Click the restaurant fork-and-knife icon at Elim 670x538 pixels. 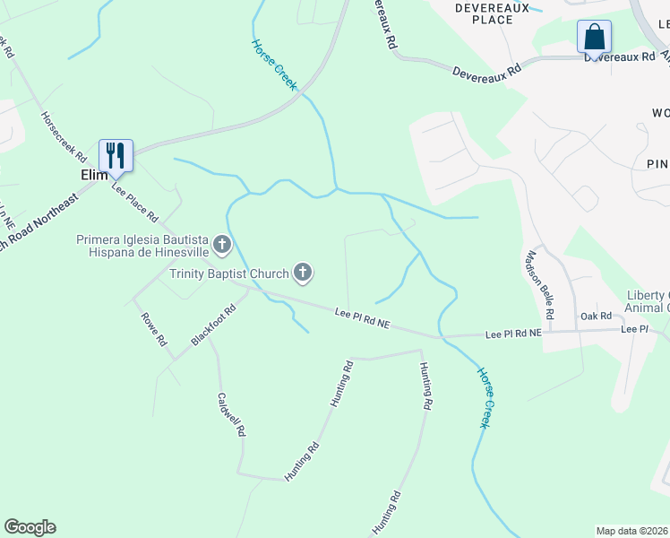[x=116, y=154]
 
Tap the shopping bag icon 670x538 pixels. [x=594, y=37]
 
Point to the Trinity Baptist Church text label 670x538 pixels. [x=229, y=273]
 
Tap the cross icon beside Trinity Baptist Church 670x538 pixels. [x=304, y=273]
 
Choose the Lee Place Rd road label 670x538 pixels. [x=134, y=204]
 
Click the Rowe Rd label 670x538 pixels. [x=153, y=327]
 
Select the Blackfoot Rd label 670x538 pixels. [x=213, y=325]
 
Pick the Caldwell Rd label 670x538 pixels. [x=231, y=413]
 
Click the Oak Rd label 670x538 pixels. [x=596, y=316]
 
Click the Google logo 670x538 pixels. [x=30, y=527]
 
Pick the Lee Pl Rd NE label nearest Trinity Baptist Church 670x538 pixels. [x=364, y=317]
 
